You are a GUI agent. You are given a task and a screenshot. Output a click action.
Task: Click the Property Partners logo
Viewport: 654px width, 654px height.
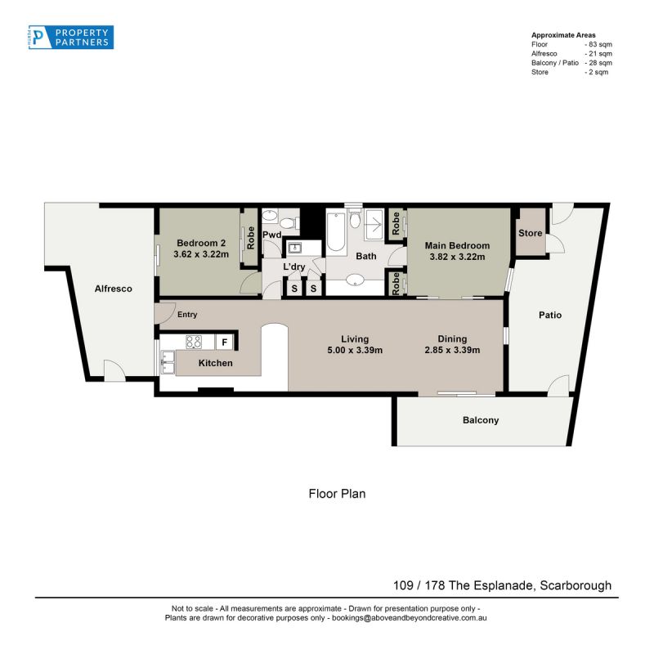click(71, 37)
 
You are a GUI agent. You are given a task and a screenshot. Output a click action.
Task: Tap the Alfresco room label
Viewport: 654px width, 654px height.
click(113, 289)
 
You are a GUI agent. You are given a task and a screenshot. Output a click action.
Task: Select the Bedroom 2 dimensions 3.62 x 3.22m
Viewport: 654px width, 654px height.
click(201, 254)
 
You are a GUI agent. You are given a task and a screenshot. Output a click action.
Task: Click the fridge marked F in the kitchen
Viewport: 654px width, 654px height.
click(224, 343)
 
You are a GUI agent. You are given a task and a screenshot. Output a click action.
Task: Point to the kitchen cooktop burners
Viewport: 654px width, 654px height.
click(194, 342)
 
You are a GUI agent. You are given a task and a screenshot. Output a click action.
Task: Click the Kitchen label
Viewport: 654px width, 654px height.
click(216, 363)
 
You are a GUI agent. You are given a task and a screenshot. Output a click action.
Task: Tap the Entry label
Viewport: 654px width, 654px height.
click(187, 315)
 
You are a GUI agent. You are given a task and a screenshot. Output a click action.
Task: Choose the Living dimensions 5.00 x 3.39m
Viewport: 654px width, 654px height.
click(355, 351)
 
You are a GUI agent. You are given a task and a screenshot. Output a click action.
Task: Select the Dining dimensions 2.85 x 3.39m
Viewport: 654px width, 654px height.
click(452, 351)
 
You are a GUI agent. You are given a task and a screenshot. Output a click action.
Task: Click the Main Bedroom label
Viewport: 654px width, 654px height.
click(457, 246)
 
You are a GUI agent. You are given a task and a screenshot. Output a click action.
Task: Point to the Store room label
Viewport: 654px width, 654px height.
click(530, 233)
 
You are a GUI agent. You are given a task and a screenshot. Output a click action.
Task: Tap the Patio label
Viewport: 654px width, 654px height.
click(550, 315)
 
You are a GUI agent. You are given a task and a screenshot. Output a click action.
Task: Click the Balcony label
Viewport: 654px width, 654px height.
click(481, 420)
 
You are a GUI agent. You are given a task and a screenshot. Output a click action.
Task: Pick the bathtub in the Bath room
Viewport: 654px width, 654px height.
click(336, 233)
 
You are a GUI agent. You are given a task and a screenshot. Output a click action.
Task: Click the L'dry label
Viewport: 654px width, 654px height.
click(294, 267)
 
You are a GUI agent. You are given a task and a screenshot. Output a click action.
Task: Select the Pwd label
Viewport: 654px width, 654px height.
click(272, 235)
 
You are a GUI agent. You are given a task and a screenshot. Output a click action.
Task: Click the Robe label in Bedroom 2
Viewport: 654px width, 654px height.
click(251, 238)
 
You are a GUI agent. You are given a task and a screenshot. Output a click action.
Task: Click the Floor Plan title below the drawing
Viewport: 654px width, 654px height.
click(337, 494)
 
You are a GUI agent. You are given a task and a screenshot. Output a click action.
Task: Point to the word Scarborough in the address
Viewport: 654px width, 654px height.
click(576, 585)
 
